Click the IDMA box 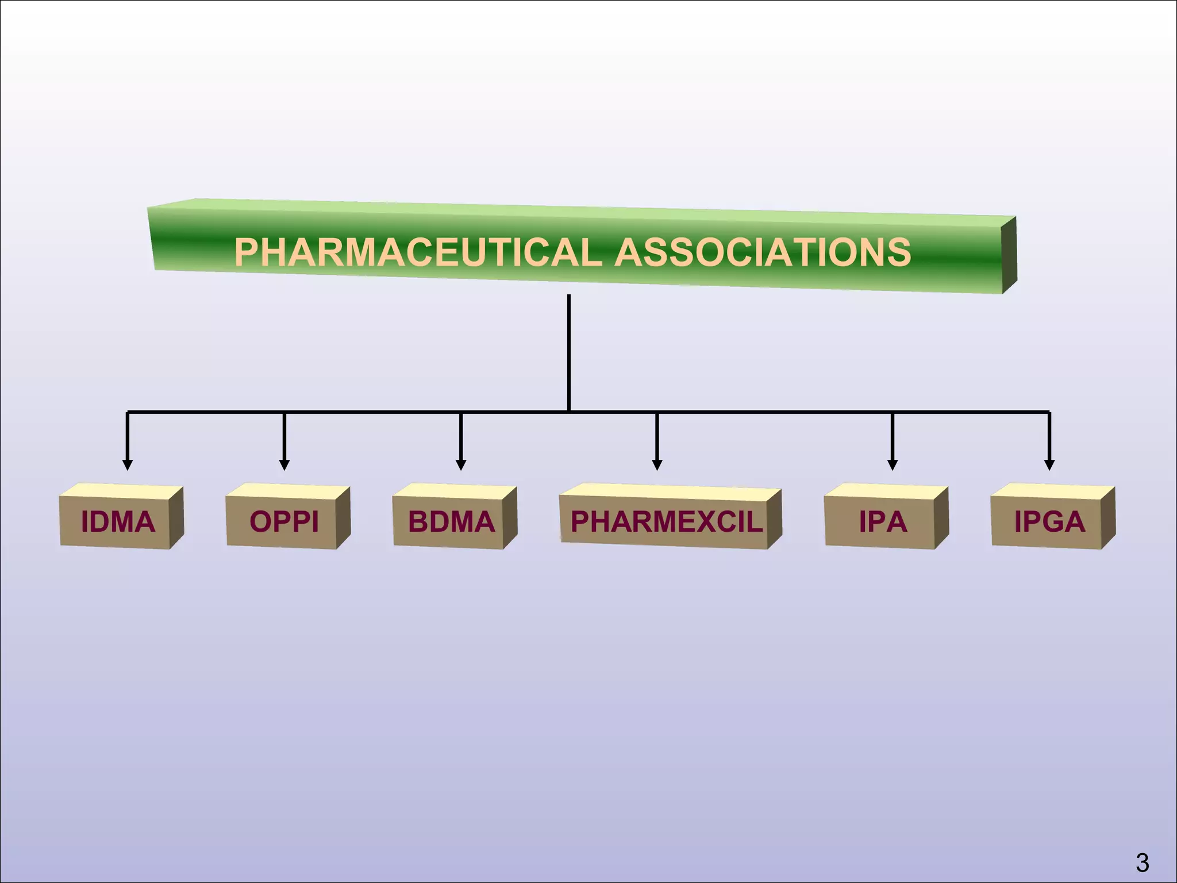pos(118,521)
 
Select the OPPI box pos(284,521)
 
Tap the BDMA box pos(451,521)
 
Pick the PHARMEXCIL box pos(666,521)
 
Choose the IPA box pos(883,521)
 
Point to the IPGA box pos(1049,521)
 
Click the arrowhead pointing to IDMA pos(128,464)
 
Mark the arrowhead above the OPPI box pos(284,464)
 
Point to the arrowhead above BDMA pos(460,464)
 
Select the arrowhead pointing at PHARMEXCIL pos(657,464)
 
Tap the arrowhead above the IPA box pos(892,464)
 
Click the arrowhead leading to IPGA pos(1049,464)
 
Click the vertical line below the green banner pos(568,351)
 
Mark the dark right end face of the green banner pos(1009,255)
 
